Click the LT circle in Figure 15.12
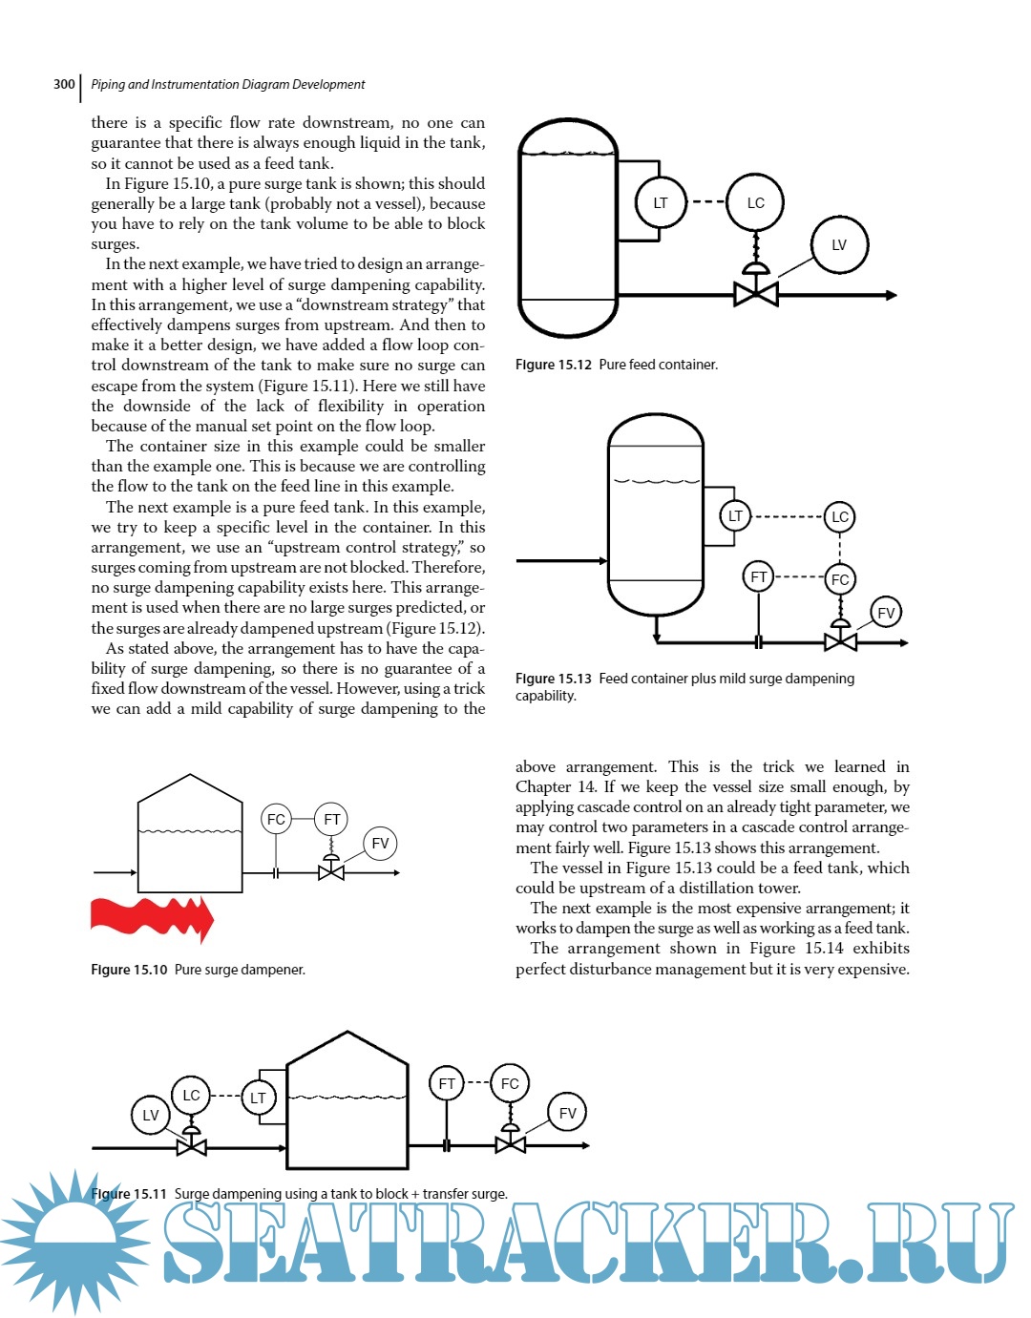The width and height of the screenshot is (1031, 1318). click(661, 202)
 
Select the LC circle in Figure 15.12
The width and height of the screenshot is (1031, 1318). click(755, 202)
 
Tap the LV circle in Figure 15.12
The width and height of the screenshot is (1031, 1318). click(839, 244)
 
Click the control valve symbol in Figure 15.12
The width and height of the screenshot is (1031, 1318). click(755, 293)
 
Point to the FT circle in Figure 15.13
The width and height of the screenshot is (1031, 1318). click(758, 576)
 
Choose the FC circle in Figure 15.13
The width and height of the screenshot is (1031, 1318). click(840, 579)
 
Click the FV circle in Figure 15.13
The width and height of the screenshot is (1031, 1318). click(886, 613)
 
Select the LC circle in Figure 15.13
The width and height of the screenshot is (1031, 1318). click(840, 517)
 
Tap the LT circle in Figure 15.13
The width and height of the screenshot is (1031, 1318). click(735, 516)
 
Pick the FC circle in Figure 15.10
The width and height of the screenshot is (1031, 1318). click(276, 819)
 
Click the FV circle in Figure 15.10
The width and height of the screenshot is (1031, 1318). click(380, 843)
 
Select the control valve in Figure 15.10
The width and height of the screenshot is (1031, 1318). click(330, 871)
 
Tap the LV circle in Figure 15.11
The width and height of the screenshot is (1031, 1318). click(151, 1115)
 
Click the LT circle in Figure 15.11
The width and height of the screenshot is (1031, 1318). click(258, 1098)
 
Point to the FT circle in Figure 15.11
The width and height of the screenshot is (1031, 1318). click(447, 1083)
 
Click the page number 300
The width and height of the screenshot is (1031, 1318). click(64, 84)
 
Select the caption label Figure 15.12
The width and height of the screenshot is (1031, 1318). click(554, 365)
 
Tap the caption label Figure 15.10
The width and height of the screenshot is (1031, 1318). click(129, 970)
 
